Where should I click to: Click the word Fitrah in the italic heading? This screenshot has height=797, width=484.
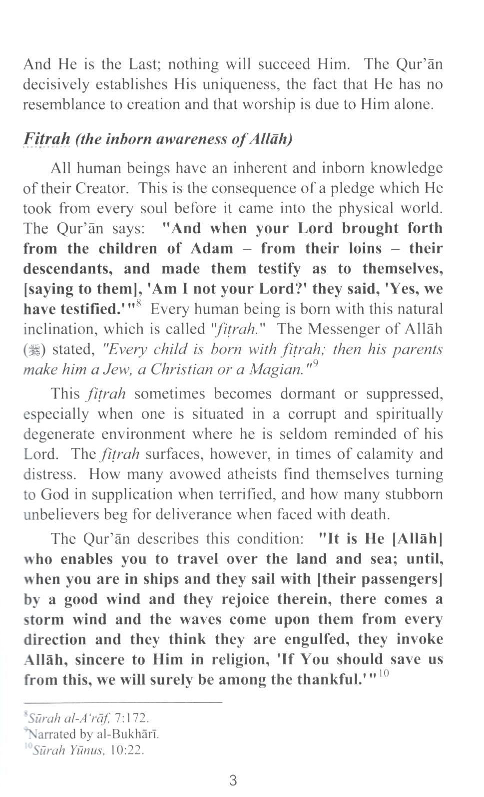point(47,138)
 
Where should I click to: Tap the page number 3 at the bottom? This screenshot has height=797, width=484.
point(233,780)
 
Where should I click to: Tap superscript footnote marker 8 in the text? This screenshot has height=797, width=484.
point(138,303)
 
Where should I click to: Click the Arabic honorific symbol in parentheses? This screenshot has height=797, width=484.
point(33,350)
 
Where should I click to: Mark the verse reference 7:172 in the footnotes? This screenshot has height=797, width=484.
point(132,718)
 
